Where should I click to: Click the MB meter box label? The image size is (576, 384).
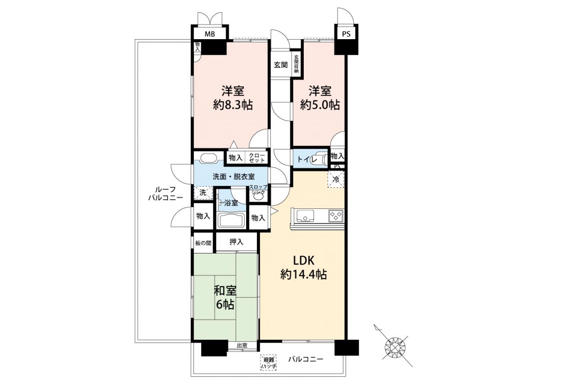210,34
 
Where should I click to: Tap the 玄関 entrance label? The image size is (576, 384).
280,65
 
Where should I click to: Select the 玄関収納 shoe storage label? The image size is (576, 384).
296,64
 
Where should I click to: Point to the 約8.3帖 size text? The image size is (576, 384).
233,105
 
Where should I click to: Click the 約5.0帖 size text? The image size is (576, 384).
320,105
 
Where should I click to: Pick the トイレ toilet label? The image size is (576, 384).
307,159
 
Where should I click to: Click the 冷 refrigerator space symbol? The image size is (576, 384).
336,180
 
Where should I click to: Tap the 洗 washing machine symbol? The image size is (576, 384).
203,193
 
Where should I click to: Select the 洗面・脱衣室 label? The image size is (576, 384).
234,177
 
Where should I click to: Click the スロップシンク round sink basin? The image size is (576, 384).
258,196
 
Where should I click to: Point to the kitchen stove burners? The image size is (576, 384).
336,216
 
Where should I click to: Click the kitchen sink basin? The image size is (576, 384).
305,216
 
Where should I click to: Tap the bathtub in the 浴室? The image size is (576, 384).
231,220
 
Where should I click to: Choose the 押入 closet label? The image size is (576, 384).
236,242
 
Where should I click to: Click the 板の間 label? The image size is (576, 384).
203,243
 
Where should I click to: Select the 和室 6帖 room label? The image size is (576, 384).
225,298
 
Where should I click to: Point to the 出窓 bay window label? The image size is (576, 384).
242,345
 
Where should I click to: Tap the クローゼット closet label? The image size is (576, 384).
256,158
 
